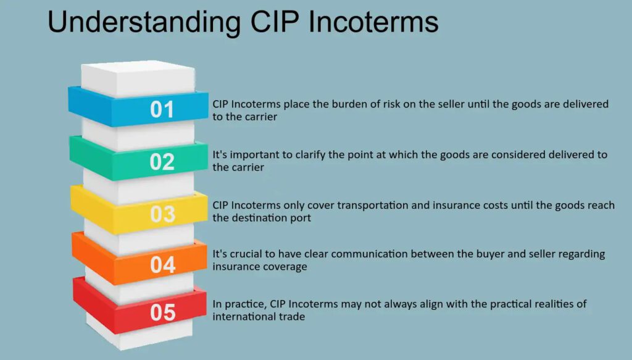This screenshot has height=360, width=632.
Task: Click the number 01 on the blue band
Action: point(162,110)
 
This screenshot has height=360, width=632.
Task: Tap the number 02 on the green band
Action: point(162,162)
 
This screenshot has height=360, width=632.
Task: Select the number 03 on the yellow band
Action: point(163,214)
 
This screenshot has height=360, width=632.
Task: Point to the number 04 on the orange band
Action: point(163,264)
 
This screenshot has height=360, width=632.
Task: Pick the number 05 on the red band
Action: point(163,313)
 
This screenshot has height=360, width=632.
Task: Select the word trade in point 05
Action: point(293,317)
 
